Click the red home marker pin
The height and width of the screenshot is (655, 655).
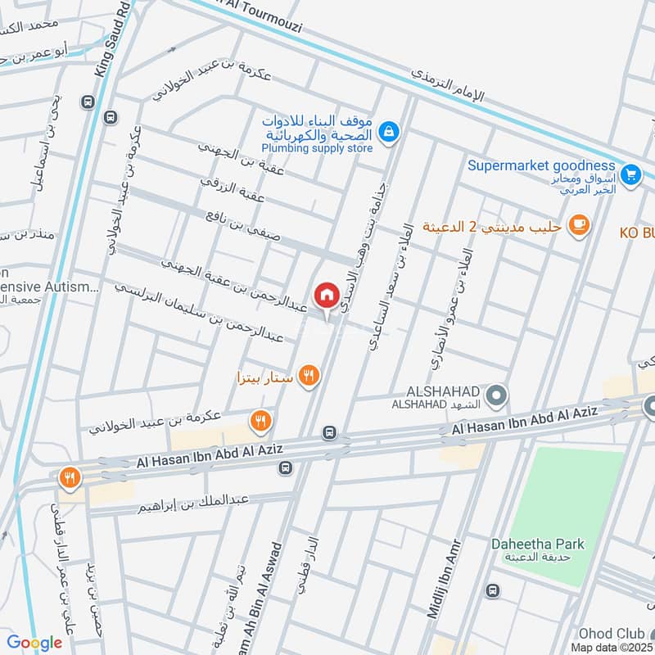pos(326,296)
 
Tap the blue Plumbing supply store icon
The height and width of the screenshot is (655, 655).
pos(389,130)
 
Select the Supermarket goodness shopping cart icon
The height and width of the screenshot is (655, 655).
pos(630,174)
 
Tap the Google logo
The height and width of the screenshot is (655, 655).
pos(34,643)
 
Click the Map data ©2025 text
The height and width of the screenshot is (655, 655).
pos(612,648)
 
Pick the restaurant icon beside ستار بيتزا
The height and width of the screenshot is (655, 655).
pos(309,375)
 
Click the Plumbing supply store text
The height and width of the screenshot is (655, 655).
pos(317,148)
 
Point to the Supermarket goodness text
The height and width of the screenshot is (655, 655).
pos(541,165)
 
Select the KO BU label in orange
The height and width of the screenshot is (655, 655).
pos(636,233)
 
